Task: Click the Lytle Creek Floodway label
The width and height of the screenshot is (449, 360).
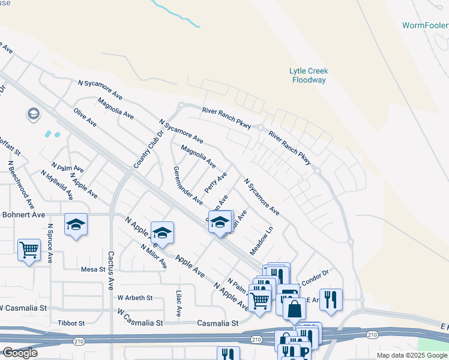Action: pyautogui.click(x=309, y=75)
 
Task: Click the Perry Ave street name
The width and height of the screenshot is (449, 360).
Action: pyautogui.click(x=215, y=182)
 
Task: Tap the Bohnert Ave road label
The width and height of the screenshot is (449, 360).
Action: pyautogui.click(x=22, y=214)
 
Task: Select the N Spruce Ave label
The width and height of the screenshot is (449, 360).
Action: pyautogui.click(x=50, y=244)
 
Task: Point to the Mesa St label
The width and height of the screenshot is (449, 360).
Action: pyautogui.click(x=93, y=269)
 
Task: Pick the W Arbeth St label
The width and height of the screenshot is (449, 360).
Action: pyautogui.click(x=135, y=297)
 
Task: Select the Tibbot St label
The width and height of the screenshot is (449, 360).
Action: pyautogui.click(x=71, y=323)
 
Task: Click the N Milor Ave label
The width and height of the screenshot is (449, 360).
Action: pyautogui.click(x=153, y=257)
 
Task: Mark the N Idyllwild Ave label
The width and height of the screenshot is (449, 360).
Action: pyautogui.click(x=57, y=185)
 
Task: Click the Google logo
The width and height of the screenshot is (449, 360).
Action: pyautogui.click(x=19, y=353)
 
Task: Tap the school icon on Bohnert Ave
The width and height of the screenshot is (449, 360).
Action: pyautogui.click(x=76, y=224)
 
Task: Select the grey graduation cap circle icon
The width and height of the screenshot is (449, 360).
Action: pyautogui.click(x=32, y=113)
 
